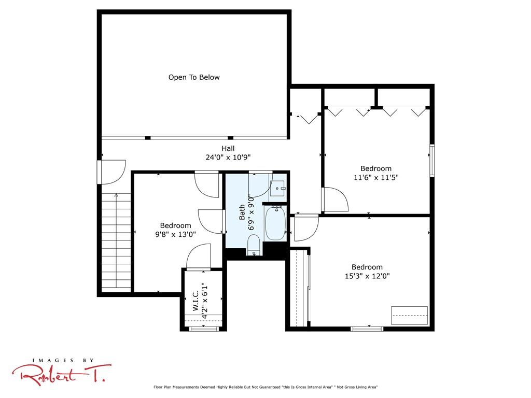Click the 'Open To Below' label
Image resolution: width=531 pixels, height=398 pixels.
click(194, 78)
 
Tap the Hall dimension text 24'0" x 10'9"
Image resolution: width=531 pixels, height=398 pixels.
click(228, 158)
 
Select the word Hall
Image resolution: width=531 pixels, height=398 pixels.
click(228, 148)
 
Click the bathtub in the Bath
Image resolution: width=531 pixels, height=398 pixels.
click(275, 223)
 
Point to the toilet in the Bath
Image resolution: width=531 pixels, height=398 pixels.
click(254, 245)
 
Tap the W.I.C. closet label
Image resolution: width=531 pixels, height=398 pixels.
click(195, 302)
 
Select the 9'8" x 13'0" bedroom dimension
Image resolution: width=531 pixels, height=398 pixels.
click(175, 234)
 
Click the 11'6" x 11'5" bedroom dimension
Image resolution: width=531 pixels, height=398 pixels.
click(376, 177)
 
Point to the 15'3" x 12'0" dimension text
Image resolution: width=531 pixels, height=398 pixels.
click(367, 276)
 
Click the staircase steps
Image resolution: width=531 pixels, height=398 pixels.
click(116, 243)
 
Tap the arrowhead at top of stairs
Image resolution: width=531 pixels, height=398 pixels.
click(116, 195)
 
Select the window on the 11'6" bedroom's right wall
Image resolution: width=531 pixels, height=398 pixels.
click(432, 161)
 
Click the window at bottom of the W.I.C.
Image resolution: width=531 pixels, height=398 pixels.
click(203, 329)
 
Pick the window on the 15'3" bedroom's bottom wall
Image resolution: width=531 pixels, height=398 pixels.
click(367, 329)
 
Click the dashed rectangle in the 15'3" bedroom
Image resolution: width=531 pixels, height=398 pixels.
click(410, 316)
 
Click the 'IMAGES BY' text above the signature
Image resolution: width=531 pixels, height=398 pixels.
click(63, 361)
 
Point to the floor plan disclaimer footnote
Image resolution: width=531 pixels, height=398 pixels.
click(265, 387)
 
